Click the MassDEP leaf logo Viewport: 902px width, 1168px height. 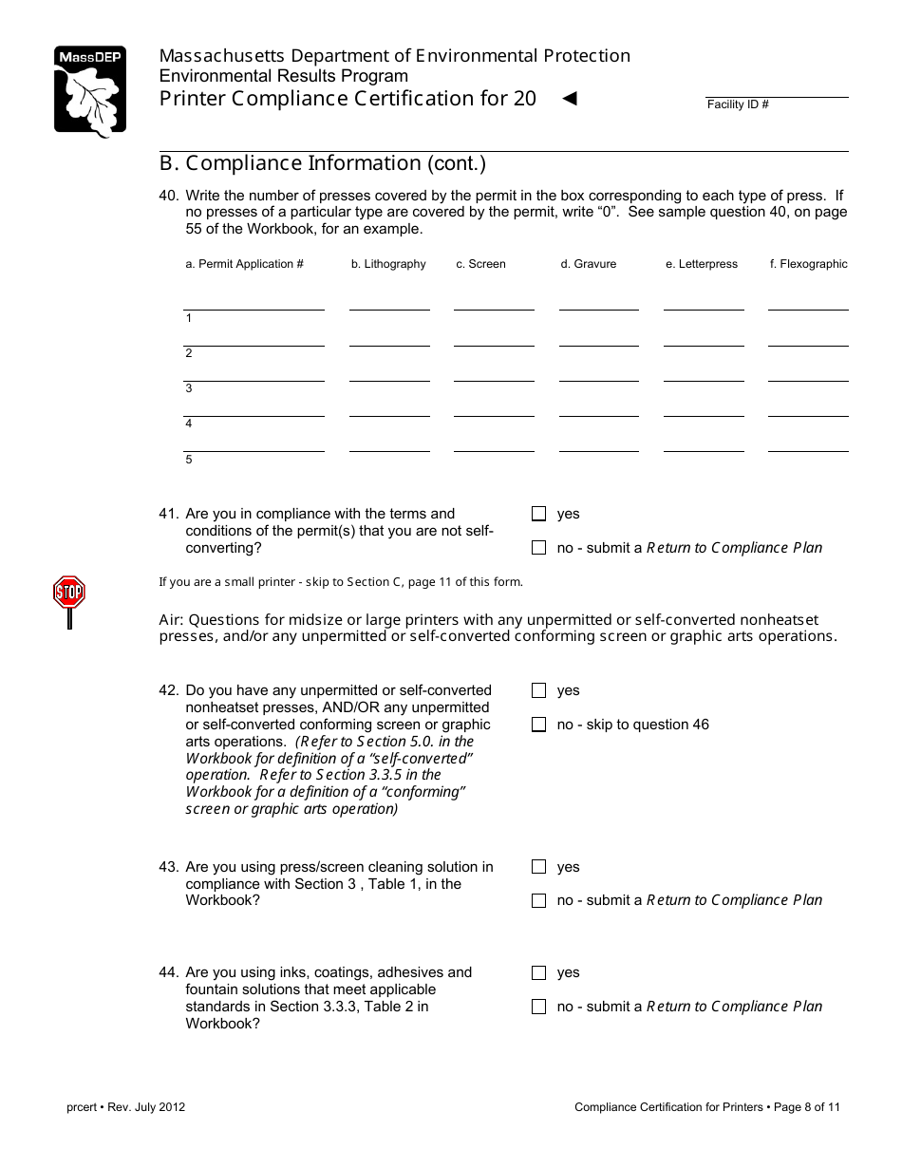[x=89, y=91]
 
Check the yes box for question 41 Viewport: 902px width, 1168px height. [x=539, y=514]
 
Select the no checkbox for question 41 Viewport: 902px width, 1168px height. [x=539, y=548]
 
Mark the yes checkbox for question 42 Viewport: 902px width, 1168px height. [x=539, y=690]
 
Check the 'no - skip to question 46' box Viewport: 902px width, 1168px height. [x=539, y=725]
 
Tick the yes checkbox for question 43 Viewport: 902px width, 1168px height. [x=539, y=867]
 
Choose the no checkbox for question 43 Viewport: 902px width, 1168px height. [x=539, y=900]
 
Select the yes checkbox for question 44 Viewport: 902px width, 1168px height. [x=539, y=972]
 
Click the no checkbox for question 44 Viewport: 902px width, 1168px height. [x=539, y=1007]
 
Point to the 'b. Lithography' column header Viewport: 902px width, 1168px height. [x=388, y=264]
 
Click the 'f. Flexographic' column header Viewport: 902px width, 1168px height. [x=808, y=264]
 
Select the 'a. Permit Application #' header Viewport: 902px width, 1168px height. [x=244, y=264]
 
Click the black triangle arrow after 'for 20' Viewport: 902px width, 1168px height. [x=570, y=98]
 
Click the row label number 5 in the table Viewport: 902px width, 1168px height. [x=189, y=460]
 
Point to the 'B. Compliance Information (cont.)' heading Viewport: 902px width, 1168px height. [x=323, y=163]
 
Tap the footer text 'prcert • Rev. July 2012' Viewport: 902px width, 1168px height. [x=126, y=1107]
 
